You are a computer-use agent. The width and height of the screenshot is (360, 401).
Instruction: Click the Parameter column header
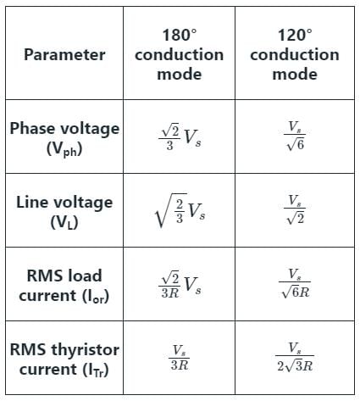pos(64,54)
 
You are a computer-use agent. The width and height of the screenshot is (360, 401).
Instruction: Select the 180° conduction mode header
pos(180,54)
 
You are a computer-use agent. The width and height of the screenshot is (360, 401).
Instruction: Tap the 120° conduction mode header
pos(295,54)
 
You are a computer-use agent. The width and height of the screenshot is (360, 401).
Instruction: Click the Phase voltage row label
pos(64,138)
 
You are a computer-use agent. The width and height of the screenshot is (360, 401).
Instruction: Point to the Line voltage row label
pos(64,212)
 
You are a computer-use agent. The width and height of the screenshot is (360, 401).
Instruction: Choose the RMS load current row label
pos(64,286)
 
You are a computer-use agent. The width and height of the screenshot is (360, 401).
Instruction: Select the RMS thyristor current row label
pos(64,359)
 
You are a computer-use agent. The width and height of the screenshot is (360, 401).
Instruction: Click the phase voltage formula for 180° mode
pos(180,136)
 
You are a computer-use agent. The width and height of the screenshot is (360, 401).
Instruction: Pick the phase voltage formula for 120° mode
pos(295,136)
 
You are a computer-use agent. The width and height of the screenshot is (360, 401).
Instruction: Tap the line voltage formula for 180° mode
pos(180,210)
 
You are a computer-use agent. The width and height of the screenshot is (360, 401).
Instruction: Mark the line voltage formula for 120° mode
pos(295,209)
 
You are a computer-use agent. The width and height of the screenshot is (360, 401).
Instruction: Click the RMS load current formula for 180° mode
pos(180,284)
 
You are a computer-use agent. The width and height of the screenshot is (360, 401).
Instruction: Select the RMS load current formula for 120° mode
pos(295,283)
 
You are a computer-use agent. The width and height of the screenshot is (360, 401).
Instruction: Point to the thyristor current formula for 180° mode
pos(180,358)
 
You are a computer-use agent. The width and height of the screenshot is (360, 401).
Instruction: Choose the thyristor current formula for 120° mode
pos(295,357)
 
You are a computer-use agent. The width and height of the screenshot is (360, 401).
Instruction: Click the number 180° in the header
pos(180,35)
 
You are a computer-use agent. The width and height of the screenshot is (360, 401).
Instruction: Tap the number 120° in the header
pos(295,35)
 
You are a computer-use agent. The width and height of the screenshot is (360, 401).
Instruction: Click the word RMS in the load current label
pos(42,276)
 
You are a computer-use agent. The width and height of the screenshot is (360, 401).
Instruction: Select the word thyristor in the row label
pos(85,350)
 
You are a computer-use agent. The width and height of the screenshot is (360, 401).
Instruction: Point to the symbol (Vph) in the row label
pos(64,149)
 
